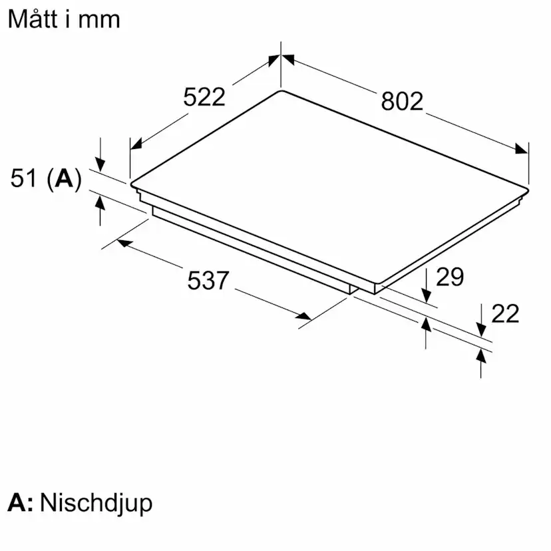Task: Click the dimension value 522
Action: tap(204, 97)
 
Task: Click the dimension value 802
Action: tap(402, 101)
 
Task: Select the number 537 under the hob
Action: tap(208, 281)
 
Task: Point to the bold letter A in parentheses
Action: tap(65, 178)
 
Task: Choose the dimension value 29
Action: tap(449, 277)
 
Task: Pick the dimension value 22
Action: tap(504, 313)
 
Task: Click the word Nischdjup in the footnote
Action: tap(96, 502)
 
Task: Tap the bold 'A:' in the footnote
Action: tap(21, 502)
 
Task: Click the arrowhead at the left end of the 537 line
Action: tap(122, 243)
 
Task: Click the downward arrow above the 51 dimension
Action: tap(100, 164)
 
